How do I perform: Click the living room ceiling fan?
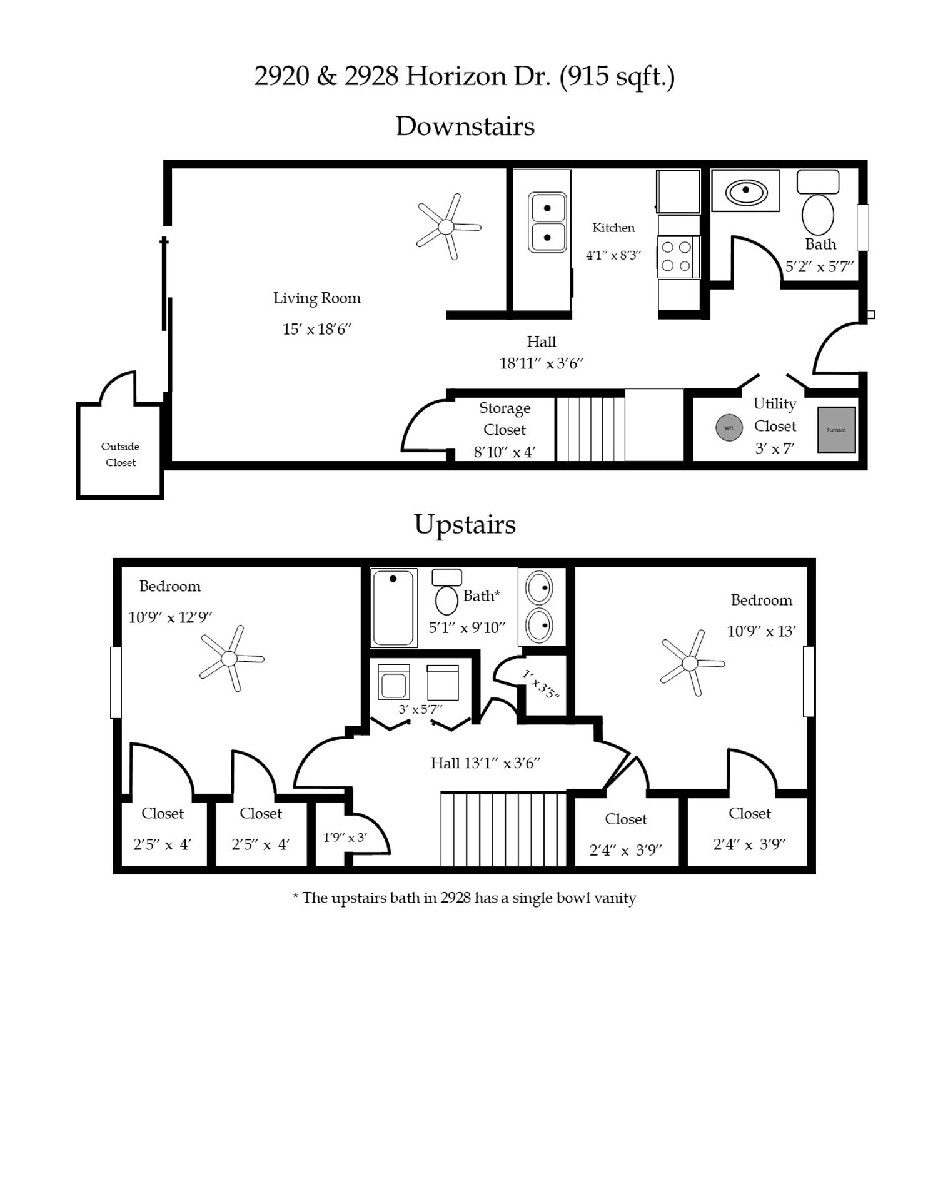point(446,227)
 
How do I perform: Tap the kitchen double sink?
point(547,223)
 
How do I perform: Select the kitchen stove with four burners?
point(677,256)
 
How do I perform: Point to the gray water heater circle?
point(729,428)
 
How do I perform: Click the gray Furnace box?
point(836,430)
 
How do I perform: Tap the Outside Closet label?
point(120,454)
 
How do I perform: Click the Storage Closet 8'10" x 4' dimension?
point(505,452)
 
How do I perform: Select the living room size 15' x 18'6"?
point(316,330)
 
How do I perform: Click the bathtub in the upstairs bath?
point(393,607)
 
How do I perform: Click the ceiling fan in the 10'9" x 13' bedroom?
point(690,663)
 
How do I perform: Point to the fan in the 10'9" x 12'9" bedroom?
point(229,659)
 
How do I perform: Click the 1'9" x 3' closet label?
point(345,838)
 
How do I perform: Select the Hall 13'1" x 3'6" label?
point(485,763)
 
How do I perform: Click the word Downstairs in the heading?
point(465,126)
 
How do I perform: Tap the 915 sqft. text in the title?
point(617,76)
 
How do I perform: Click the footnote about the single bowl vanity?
point(464,898)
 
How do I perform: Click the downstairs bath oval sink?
point(745,191)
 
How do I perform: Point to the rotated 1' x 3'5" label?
point(540,684)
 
